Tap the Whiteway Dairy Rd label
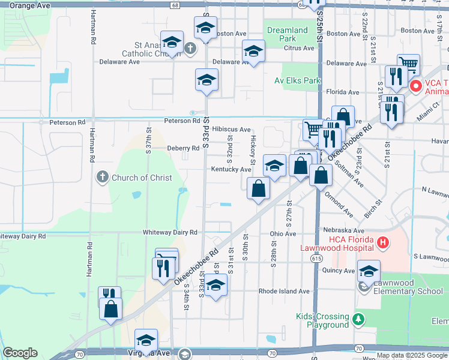pos(170,232)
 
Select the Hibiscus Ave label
pos(231,129)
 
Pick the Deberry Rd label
pos(183,148)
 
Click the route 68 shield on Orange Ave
pos(174,5)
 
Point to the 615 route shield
pos(315,258)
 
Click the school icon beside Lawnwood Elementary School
pos(369,271)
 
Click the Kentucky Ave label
pos(231,169)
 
